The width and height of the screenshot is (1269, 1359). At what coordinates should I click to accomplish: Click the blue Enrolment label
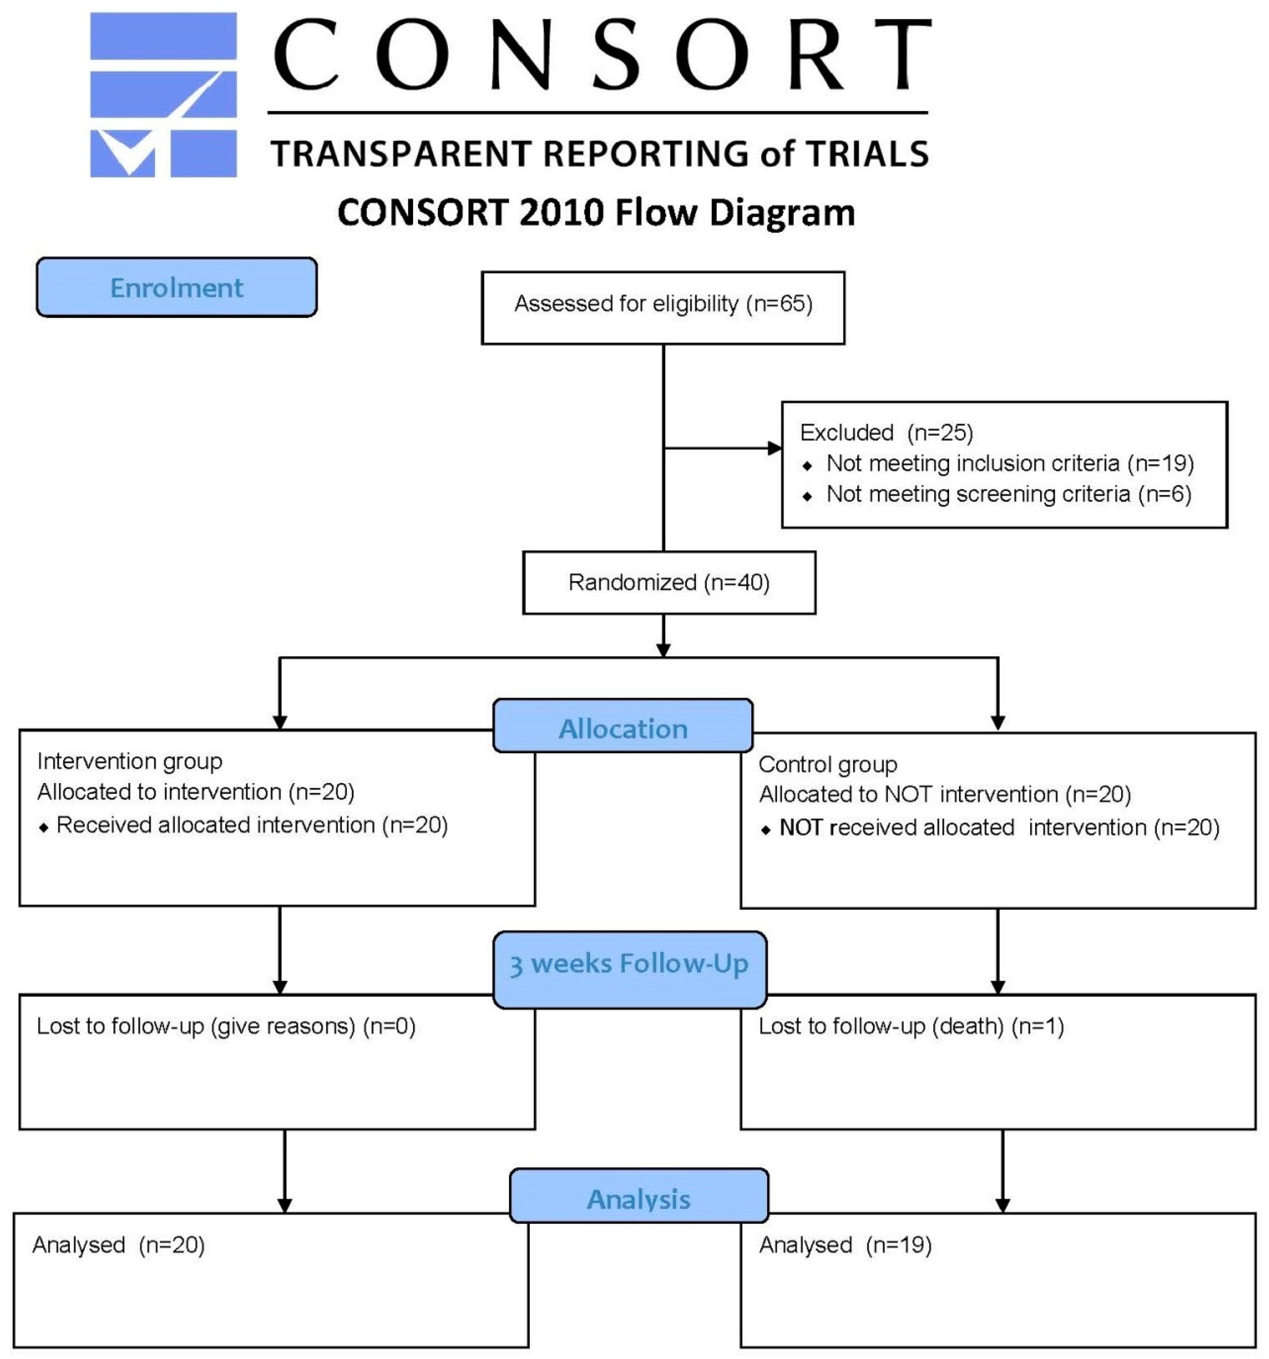click(x=176, y=287)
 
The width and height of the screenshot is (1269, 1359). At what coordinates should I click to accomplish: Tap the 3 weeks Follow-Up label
click(x=629, y=964)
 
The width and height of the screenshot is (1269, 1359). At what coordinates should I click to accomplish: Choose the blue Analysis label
click(x=639, y=1199)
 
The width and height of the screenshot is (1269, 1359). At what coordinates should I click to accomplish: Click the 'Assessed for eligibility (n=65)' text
click(x=663, y=303)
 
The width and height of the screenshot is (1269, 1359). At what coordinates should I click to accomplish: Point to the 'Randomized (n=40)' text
click(x=669, y=582)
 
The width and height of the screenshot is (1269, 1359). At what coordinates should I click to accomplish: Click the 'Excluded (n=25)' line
click(x=886, y=433)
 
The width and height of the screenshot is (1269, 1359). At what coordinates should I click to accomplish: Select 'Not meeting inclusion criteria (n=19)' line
click(x=1009, y=463)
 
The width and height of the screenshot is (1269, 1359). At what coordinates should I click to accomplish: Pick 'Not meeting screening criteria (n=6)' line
click(x=1008, y=494)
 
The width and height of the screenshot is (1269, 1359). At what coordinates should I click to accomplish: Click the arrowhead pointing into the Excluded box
click(x=775, y=449)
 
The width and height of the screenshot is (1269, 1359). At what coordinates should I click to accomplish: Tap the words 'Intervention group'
click(x=129, y=761)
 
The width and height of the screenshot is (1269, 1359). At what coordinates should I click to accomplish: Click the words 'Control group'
click(x=827, y=764)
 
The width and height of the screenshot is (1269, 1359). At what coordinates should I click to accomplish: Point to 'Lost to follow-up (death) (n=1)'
click(x=911, y=1026)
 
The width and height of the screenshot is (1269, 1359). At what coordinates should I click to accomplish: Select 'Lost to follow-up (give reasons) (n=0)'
click(x=226, y=1026)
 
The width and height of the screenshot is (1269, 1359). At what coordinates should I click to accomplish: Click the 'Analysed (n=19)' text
click(x=845, y=1245)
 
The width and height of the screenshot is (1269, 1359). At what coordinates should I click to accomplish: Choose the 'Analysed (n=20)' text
click(x=118, y=1245)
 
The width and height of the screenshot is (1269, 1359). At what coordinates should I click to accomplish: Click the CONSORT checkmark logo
click(x=163, y=95)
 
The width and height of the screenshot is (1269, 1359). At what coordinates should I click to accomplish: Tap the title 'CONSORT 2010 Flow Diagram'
click(x=596, y=213)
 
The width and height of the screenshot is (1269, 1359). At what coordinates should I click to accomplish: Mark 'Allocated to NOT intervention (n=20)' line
click(x=944, y=795)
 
